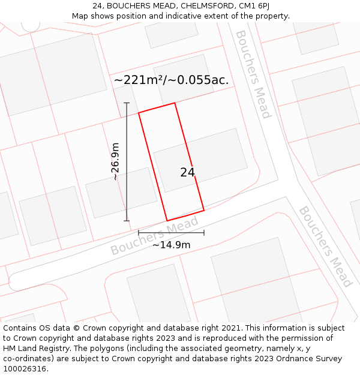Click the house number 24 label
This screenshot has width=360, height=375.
(187, 172)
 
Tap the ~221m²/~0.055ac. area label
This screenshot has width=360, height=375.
(172, 80)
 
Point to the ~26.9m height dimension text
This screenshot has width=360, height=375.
(115, 161)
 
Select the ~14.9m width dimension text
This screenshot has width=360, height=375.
(171, 244)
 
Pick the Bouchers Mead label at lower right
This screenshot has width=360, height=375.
(325, 246)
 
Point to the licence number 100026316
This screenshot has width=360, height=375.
(27, 369)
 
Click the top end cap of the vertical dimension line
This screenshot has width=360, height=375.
(127, 103)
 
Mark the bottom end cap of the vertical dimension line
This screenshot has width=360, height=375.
(127, 221)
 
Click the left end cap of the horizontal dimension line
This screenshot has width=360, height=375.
(139, 233)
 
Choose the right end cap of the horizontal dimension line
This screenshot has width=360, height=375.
(204, 233)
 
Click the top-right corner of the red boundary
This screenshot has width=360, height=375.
(175, 103)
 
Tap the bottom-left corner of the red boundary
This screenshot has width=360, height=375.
(167, 221)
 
